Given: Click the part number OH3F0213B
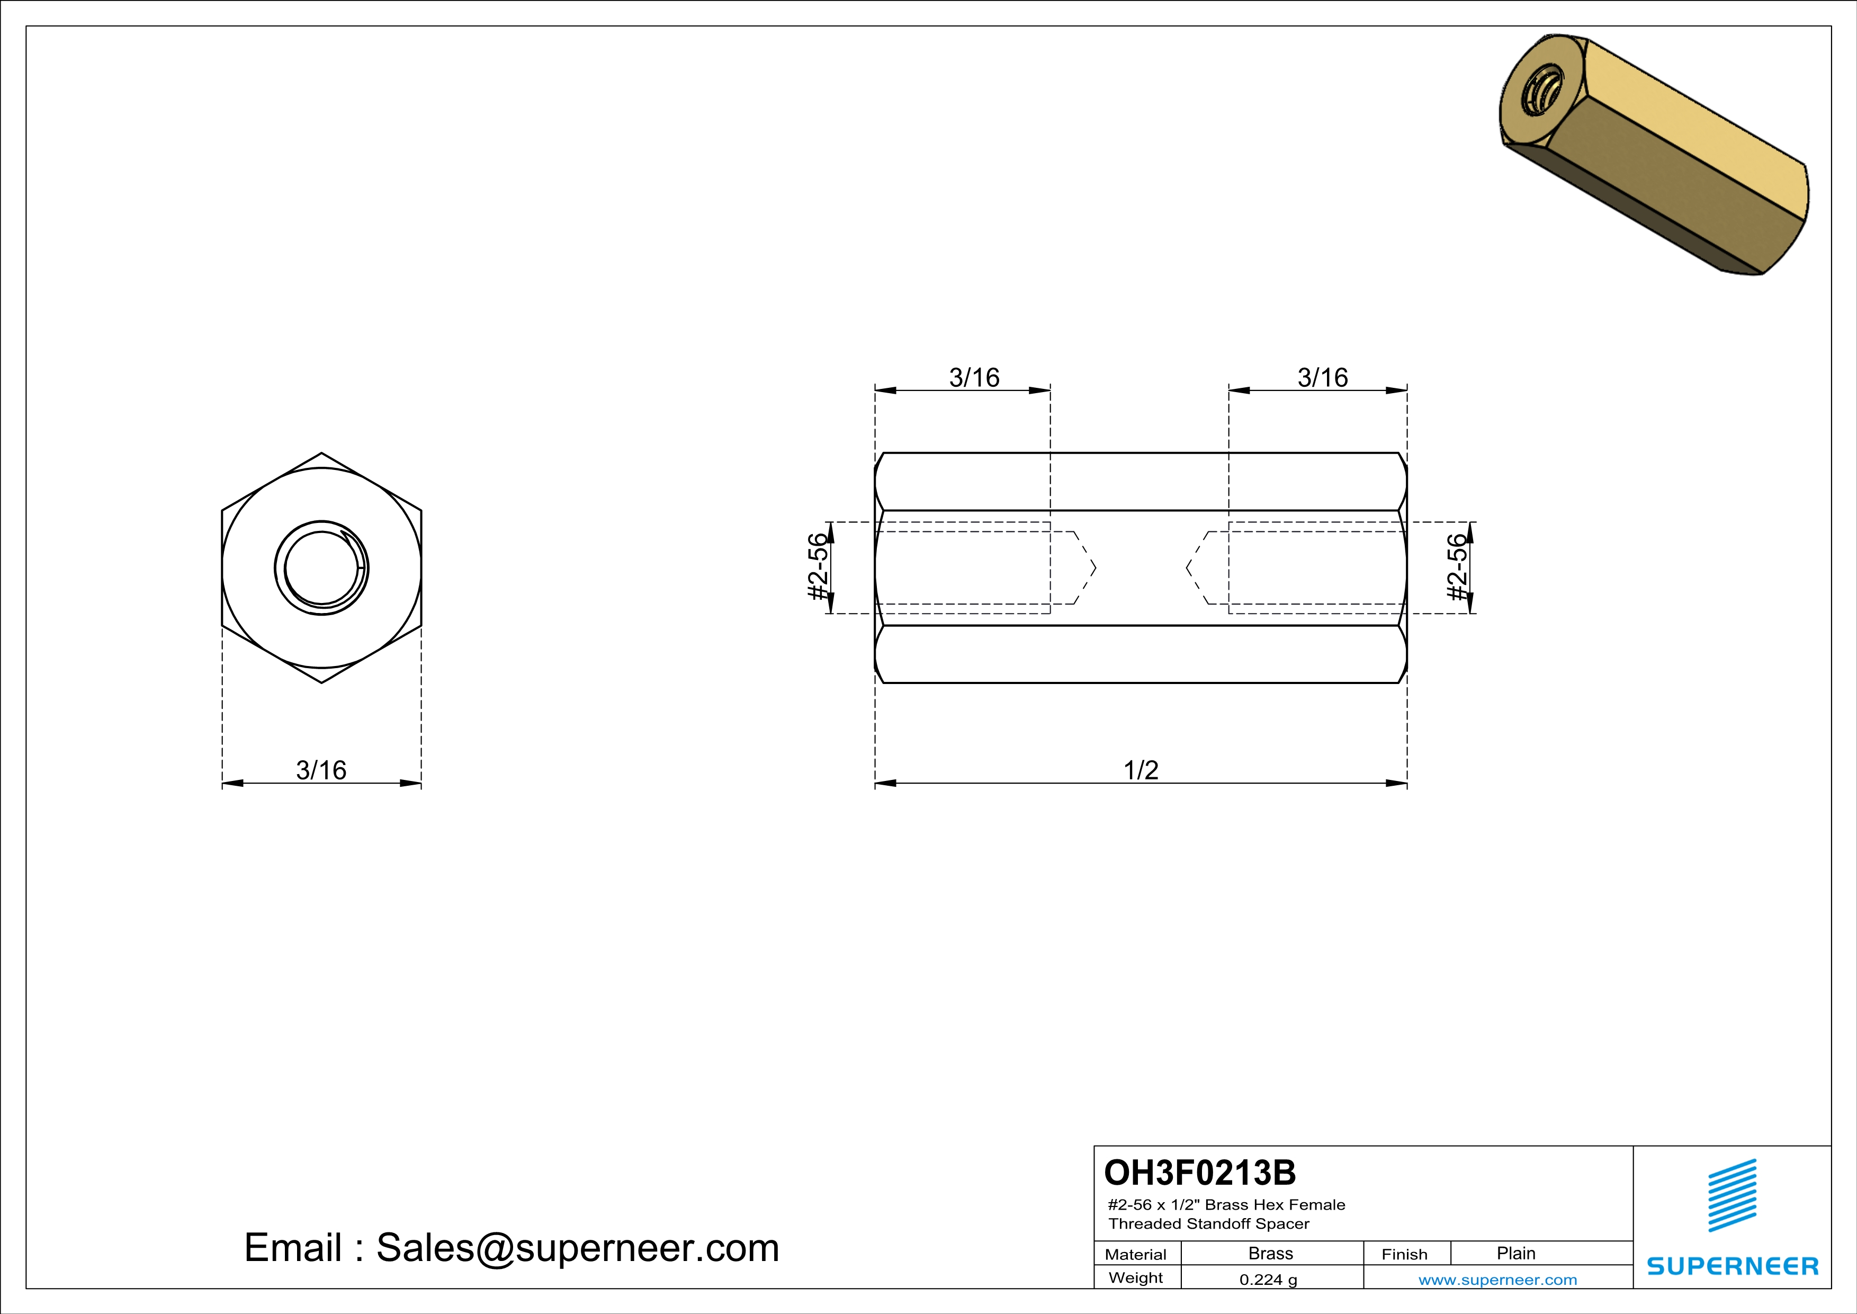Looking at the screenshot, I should pos(1199,1173).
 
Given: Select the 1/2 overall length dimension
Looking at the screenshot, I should pos(1141,770).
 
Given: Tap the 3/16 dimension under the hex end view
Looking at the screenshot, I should pos(321,770).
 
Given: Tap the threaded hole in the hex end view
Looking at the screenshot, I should pos(322,567).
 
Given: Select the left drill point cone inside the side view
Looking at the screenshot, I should pos(1084,567).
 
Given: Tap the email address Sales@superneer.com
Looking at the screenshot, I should pos(578,1248).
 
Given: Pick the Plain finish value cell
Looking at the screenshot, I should pos(1515,1253).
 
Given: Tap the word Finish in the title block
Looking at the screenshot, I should pos(1404,1254).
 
